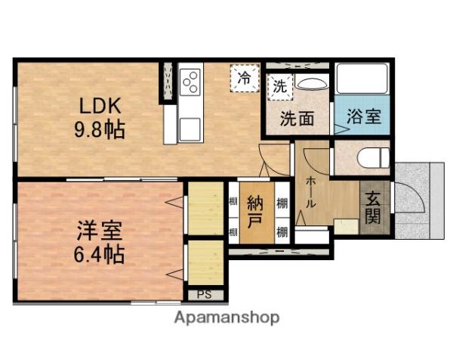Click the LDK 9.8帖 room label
pos(99,117)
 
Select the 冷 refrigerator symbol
pos(244,78)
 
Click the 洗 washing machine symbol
pos(279,86)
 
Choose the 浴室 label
pos(362,118)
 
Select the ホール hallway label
pos(310,193)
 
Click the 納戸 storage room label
pos(256,213)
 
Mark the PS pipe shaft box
pos(204,295)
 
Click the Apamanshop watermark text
pos(226,318)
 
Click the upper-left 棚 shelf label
pos(233,203)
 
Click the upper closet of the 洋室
pos(205,207)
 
